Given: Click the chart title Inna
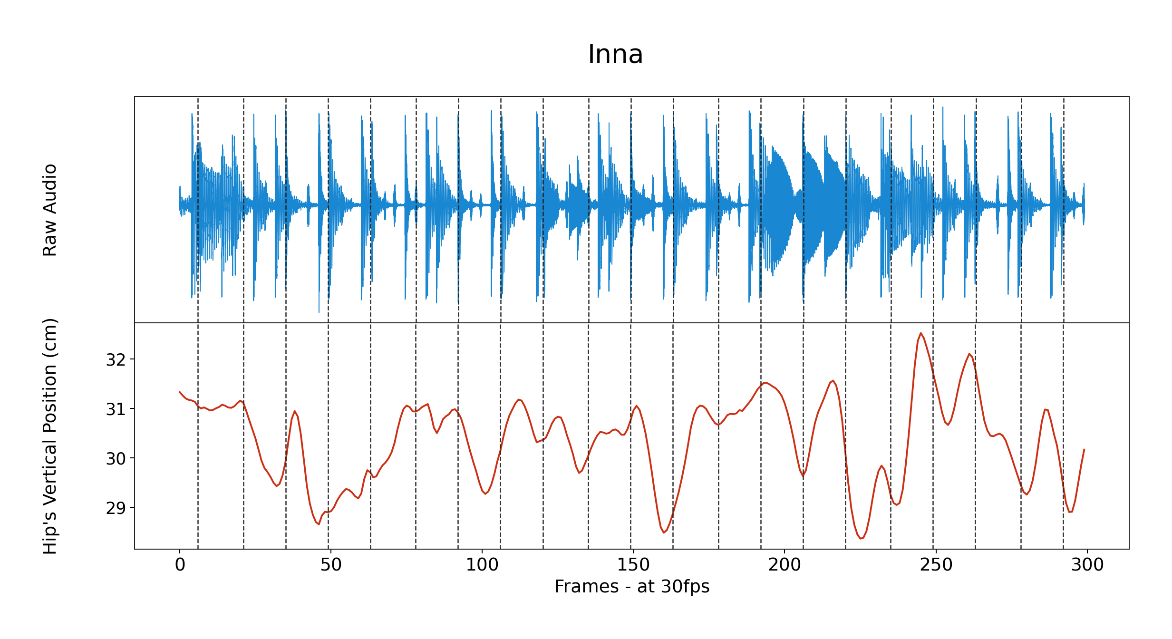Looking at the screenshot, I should [615, 54].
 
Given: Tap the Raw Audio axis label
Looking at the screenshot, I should [50, 210].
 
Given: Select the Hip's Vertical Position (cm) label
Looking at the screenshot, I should [50, 436].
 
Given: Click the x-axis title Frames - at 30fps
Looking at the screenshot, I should [632, 586].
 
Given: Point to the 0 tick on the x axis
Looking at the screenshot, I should [180, 565].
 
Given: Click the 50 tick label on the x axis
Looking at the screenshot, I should [330, 565].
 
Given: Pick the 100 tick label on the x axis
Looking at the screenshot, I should [482, 565].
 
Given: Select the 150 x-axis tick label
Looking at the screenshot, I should [633, 565].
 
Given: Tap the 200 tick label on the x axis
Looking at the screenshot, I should [784, 565].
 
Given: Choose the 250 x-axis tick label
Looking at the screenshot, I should [936, 565].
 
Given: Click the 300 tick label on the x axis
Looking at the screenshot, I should [1087, 565].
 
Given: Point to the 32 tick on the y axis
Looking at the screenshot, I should [116, 360].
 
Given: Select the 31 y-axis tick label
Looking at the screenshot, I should [116, 409].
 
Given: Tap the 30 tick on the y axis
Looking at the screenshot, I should [116, 459].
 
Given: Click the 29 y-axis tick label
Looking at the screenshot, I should [116, 508].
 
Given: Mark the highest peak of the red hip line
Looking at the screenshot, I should [921, 333].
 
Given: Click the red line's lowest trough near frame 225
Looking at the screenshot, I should [861, 539].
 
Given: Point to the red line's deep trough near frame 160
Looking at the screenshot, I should [664, 532].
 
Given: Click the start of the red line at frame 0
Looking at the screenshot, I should [180, 392].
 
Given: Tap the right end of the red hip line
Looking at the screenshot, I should [1084, 449].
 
